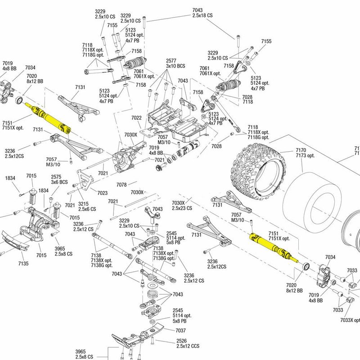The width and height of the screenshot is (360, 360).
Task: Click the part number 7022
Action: tap(137, 118)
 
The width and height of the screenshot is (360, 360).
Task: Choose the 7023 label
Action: tap(102, 193)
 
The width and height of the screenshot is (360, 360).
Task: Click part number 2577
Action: tap(171, 61)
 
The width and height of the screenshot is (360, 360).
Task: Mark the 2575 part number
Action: tap(56, 177)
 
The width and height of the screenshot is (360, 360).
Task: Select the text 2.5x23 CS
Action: tap(182, 208)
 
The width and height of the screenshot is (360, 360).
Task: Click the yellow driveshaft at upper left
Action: tap(47, 117)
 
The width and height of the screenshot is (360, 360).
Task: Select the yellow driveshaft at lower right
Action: tap(273, 246)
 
